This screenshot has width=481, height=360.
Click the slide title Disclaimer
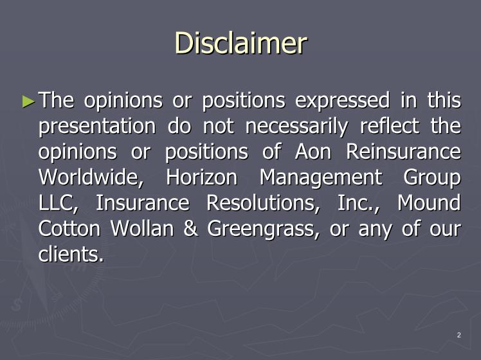pos(240,43)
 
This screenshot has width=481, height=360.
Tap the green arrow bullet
pos(28,102)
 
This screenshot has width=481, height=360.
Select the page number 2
pos(459,335)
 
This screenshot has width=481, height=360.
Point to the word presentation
pos(97,127)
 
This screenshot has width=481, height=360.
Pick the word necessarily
pos(296,127)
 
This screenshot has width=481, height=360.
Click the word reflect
pos(390,125)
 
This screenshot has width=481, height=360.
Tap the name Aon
pos(313,152)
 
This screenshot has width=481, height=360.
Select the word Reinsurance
pos(403,152)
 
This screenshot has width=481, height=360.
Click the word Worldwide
pos(91,177)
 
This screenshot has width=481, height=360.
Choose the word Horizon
pos(201,177)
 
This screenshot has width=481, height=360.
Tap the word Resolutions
pos(263,203)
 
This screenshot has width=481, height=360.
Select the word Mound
pos(429,203)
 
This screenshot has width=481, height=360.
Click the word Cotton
pos(69,228)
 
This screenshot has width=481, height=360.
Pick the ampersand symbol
pos(190,228)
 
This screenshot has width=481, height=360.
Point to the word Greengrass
pos(263,230)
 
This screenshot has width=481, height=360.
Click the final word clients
pos(71,254)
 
